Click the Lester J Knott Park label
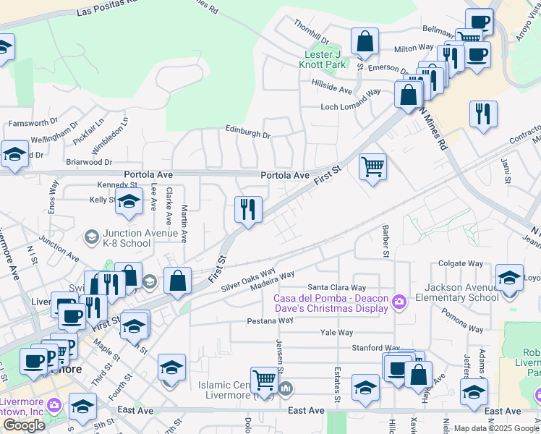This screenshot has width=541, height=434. [322, 59]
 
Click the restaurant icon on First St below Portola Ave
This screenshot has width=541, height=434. [248, 210]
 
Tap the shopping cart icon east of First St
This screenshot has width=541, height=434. [372, 167]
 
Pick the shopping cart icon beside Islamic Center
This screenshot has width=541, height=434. [265, 380]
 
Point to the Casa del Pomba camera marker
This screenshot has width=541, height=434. [398, 301]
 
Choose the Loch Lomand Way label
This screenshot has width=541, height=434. [351, 107]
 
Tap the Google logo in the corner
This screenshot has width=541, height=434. [24, 425]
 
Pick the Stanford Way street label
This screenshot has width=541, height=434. [375, 348]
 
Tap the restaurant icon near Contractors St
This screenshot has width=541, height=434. [482, 114]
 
